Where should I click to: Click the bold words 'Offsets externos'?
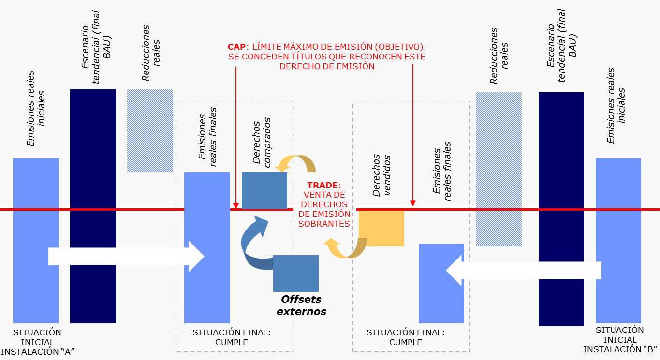pyautogui.click(x=301, y=305)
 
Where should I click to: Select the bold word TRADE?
pyautogui.click(x=323, y=185)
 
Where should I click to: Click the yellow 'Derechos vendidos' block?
pyautogui.click(x=381, y=228)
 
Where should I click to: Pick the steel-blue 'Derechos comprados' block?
pyautogui.click(x=264, y=190)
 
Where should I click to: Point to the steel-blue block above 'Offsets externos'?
pyautogui.click(x=295, y=273)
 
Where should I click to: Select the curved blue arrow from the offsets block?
pyautogui.click(x=254, y=246)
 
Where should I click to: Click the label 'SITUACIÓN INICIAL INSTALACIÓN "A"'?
pyautogui.click(x=37, y=342)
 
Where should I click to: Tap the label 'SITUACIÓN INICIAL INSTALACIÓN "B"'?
pyautogui.click(x=619, y=340)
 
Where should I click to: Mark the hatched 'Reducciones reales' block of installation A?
pyautogui.click(x=150, y=130)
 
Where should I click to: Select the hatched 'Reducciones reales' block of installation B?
pyautogui.click(x=499, y=169)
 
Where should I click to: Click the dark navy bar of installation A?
pyautogui.click(x=93, y=206)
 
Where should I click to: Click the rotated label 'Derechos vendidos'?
pyautogui.click(x=381, y=175)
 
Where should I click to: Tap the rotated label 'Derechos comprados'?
pyautogui.click(x=262, y=143)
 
